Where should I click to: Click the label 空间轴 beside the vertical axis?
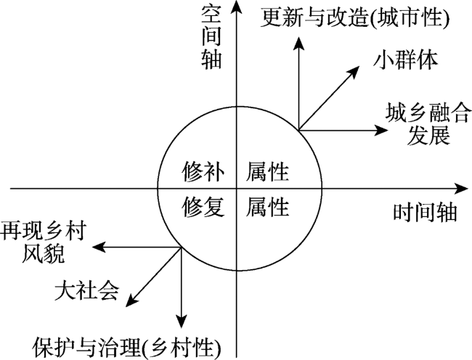[x=211, y=36]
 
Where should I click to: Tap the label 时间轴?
[x=425, y=213]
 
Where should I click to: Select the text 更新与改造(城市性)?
[x=354, y=17]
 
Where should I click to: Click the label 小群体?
[x=405, y=60]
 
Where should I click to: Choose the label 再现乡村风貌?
[x=44, y=242]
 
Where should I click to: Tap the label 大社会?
[x=86, y=290]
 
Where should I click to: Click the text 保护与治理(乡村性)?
[x=126, y=348]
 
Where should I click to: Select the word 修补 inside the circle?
[x=203, y=172]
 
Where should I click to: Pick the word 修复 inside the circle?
[x=203, y=207]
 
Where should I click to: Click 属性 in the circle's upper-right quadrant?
[x=267, y=172]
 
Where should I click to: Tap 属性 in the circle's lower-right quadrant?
[x=267, y=207]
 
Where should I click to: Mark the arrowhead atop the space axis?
[x=237, y=7]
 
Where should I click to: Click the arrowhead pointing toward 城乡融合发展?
[x=381, y=130]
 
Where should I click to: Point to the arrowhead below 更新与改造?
[x=298, y=44]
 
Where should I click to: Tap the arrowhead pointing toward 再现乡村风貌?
[x=99, y=247]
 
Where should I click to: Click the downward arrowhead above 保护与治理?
[x=182, y=322]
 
